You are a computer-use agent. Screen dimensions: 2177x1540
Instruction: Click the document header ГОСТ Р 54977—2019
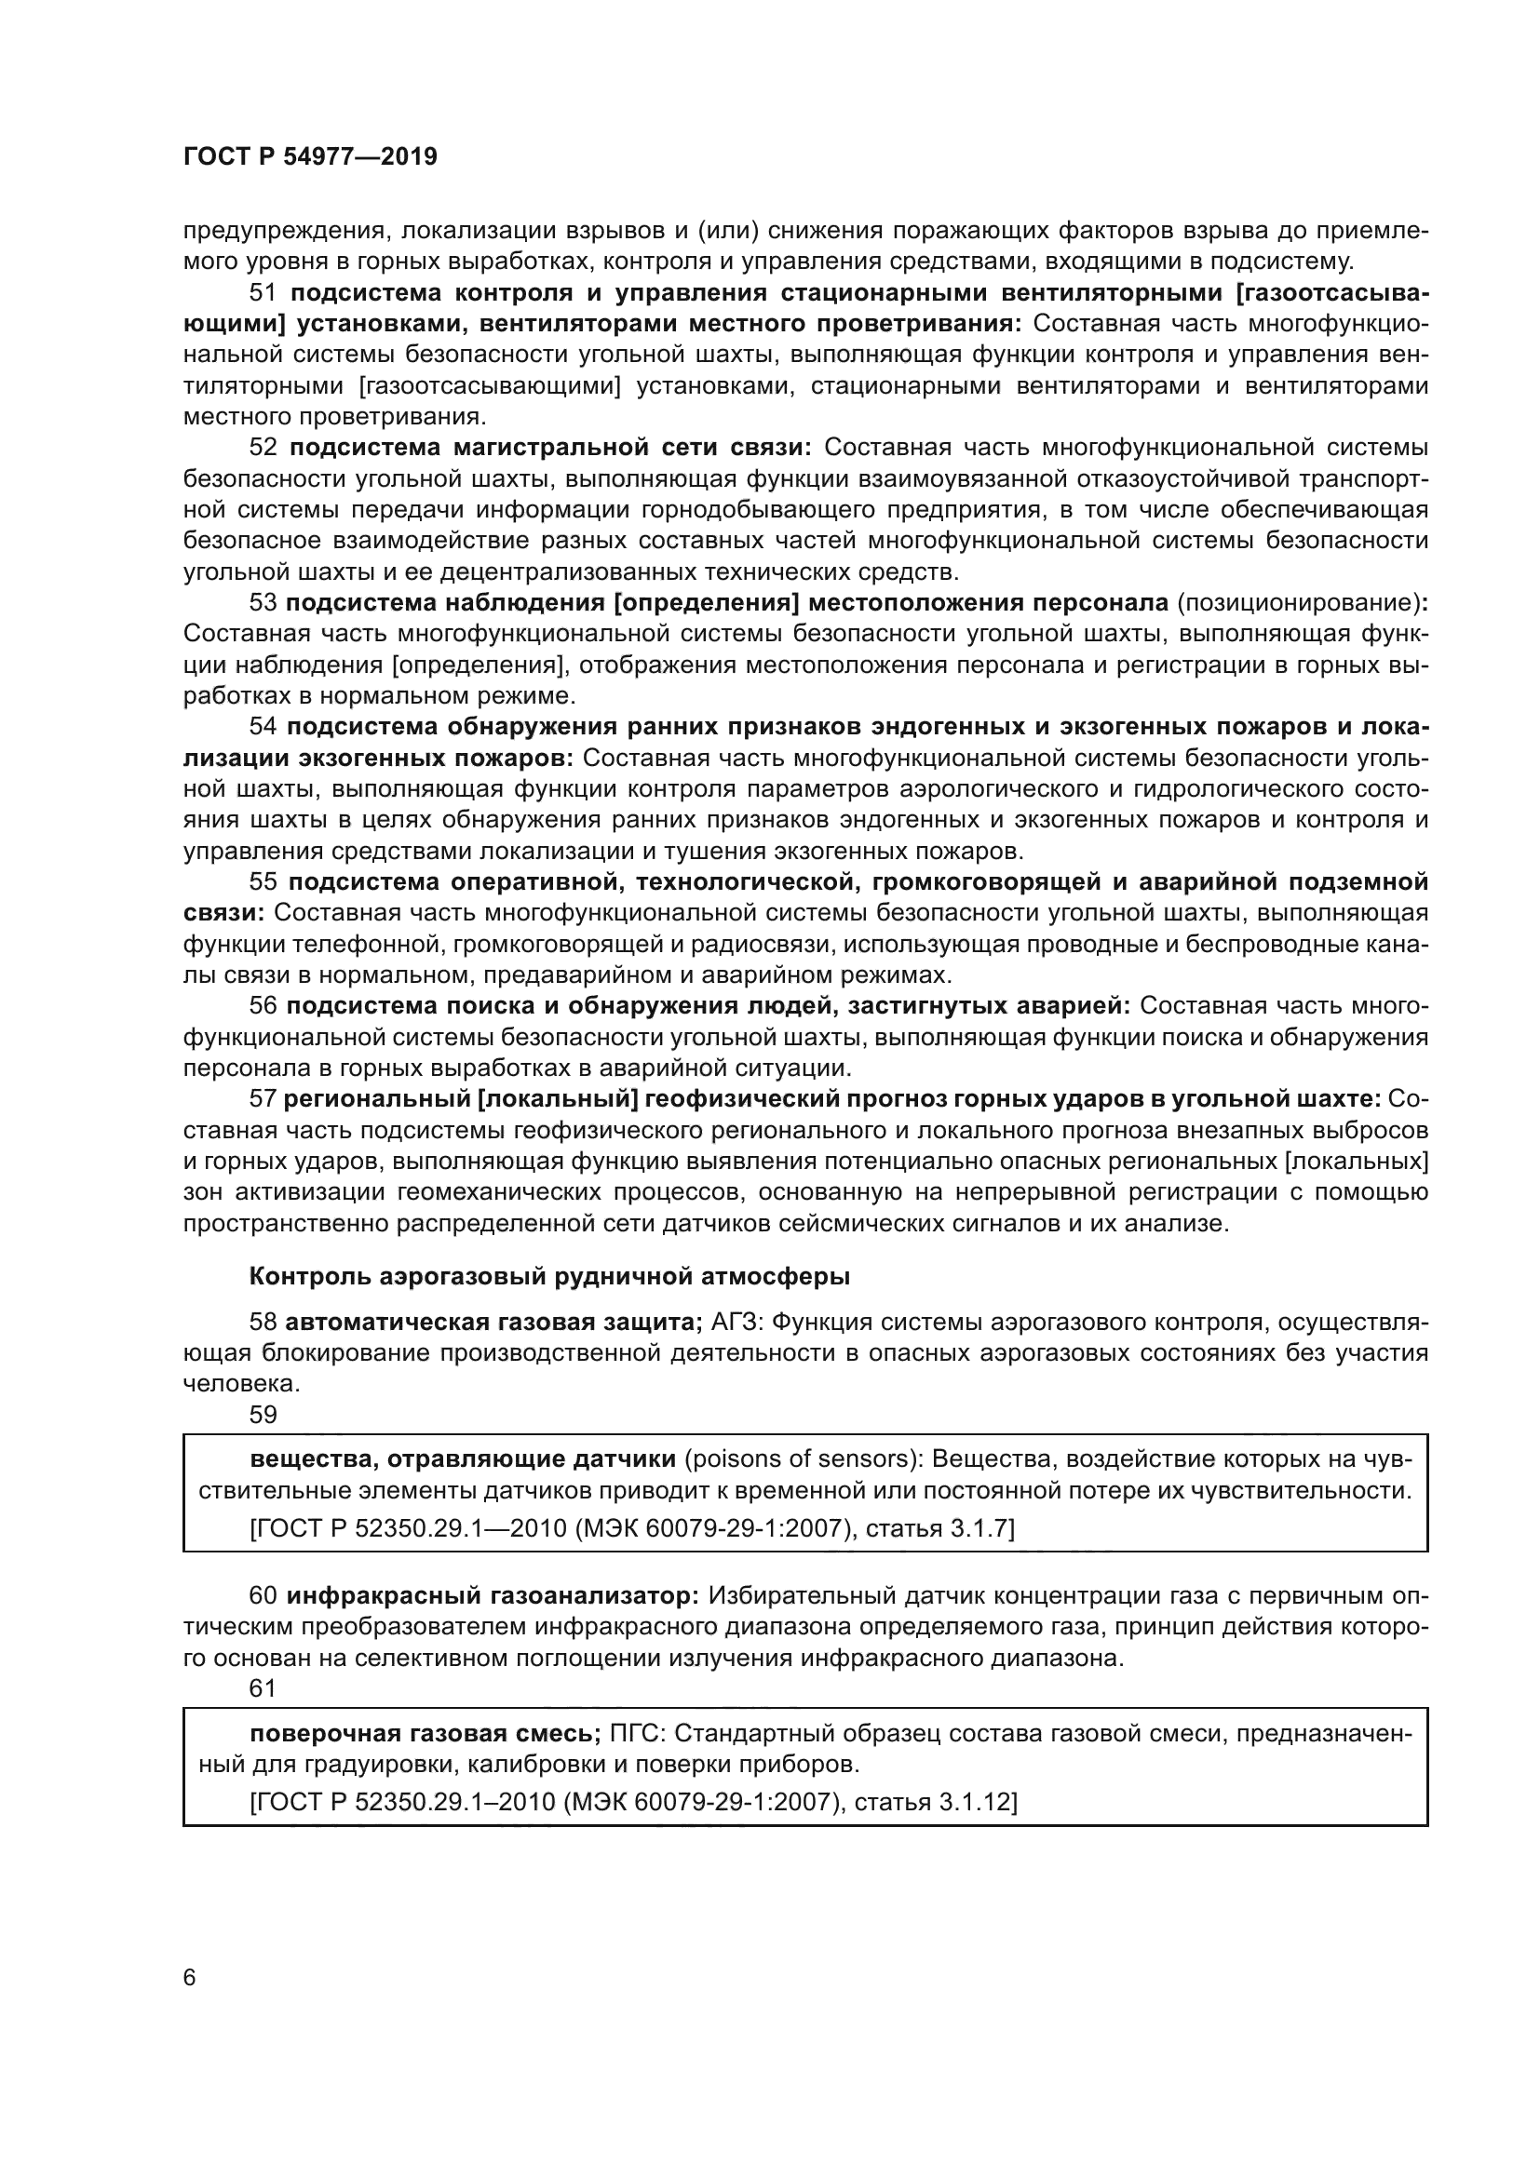point(310,157)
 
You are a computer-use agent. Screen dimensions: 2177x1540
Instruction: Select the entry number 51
point(263,293)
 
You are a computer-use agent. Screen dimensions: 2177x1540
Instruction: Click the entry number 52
point(263,449)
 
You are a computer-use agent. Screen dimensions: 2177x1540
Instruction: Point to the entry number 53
point(263,604)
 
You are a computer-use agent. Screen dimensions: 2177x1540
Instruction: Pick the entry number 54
point(263,727)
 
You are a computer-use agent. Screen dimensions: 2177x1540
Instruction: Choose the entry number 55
point(263,882)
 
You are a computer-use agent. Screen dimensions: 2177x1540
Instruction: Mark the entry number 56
point(263,1007)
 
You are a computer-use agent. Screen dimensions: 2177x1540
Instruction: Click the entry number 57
point(263,1100)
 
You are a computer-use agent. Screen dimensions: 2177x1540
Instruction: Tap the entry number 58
point(263,1323)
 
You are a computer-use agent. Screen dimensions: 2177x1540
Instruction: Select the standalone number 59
point(263,1416)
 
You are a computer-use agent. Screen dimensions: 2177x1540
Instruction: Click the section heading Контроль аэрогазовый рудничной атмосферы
point(549,1277)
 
